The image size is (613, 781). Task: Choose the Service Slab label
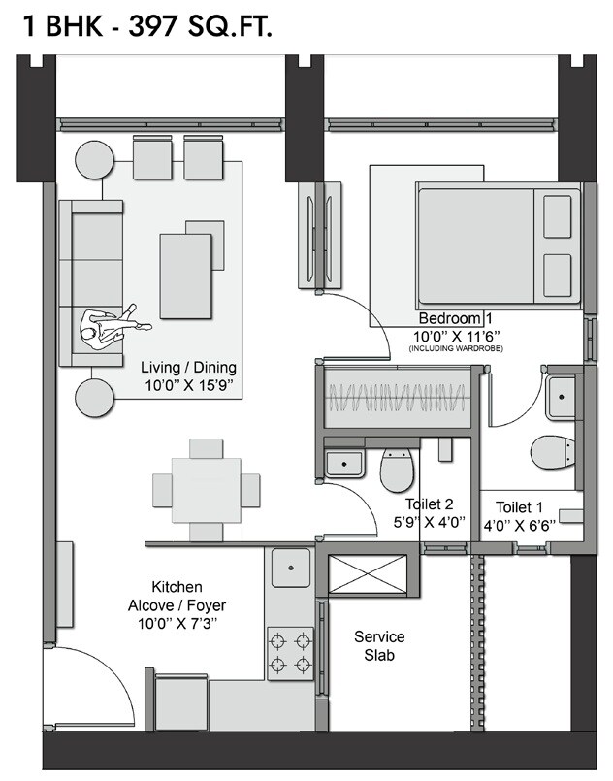click(x=379, y=646)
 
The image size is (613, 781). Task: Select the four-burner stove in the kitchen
click(x=291, y=652)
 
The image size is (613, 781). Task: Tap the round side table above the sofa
click(x=96, y=159)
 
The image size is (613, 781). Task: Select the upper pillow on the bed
click(x=557, y=216)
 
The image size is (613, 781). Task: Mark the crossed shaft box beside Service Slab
click(x=369, y=574)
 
